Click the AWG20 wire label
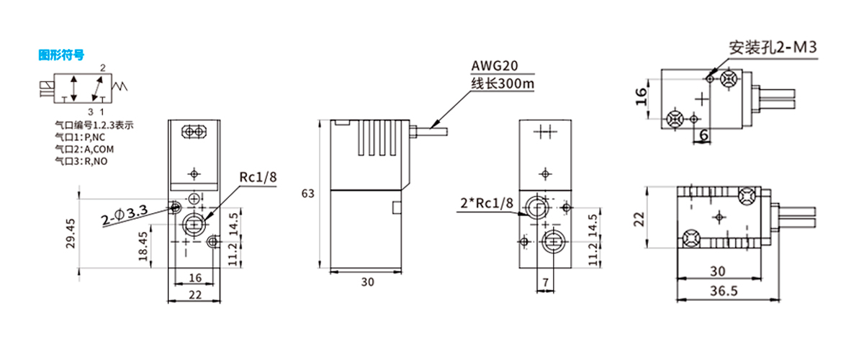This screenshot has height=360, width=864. (x=493, y=67)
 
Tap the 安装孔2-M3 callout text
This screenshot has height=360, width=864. (x=773, y=48)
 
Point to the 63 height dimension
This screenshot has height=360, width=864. (x=308, y=194)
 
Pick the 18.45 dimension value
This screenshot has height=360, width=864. (x=143, y=246)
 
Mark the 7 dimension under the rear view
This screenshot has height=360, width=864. (x=545, y=282)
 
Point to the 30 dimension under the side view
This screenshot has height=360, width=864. (x=367, y=282)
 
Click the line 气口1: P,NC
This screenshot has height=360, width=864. (x=79, y=137)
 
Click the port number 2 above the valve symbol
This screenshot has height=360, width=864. (x=103, y=68)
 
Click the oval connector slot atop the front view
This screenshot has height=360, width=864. (x=194, y=131)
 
